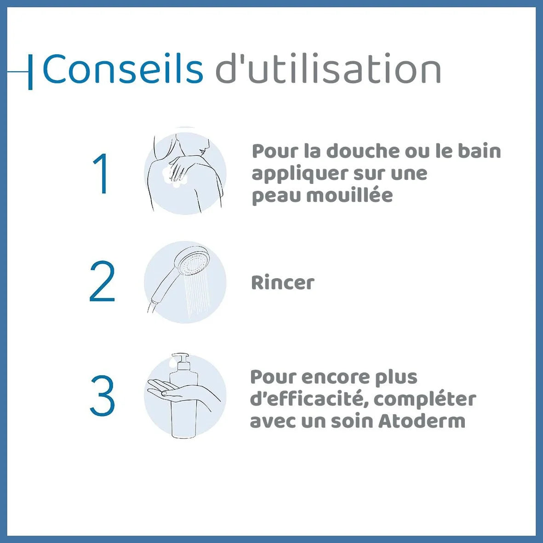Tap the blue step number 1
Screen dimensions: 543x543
click(x=101, y=174)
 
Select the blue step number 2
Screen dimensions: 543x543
click(x=102, y=282)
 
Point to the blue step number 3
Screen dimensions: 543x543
click(x=102, y=395)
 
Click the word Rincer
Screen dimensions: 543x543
click(x=283, y=283)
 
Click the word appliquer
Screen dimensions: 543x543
click(x=299, y=174)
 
